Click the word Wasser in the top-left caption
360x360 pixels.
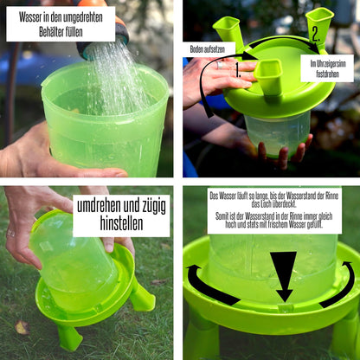click(x=30, y=17)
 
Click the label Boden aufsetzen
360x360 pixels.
click(x=208, y=49)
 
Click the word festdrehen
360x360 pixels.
click(x=327, y=74)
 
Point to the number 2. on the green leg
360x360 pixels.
click(x=316, y=35)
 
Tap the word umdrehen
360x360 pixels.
click(x=99, y=206)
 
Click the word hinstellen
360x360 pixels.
click(x=121, y=223)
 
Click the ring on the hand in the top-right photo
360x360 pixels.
click(x=220, y=65)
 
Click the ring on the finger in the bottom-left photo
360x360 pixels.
click(x=10, y=233)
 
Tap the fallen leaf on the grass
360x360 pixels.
click(x=22, y=327)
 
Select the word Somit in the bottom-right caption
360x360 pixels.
click(x=222, y=216)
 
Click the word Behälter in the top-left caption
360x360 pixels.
click(x=49, y=32)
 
